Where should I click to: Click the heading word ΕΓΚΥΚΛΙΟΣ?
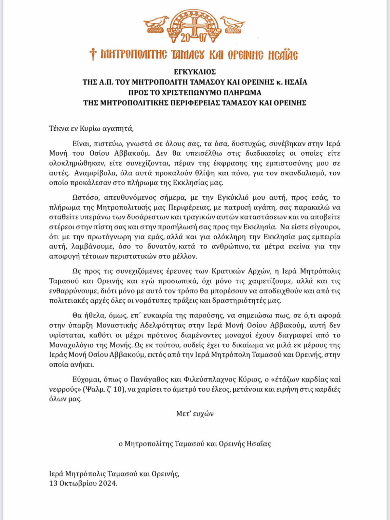click(195, 72)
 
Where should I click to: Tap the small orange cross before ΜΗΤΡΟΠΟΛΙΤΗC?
click(93, 54)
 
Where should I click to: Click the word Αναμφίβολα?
click(89, 173)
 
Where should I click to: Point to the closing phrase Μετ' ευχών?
click(195, 414)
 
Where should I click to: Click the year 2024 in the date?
click(107, 483)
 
